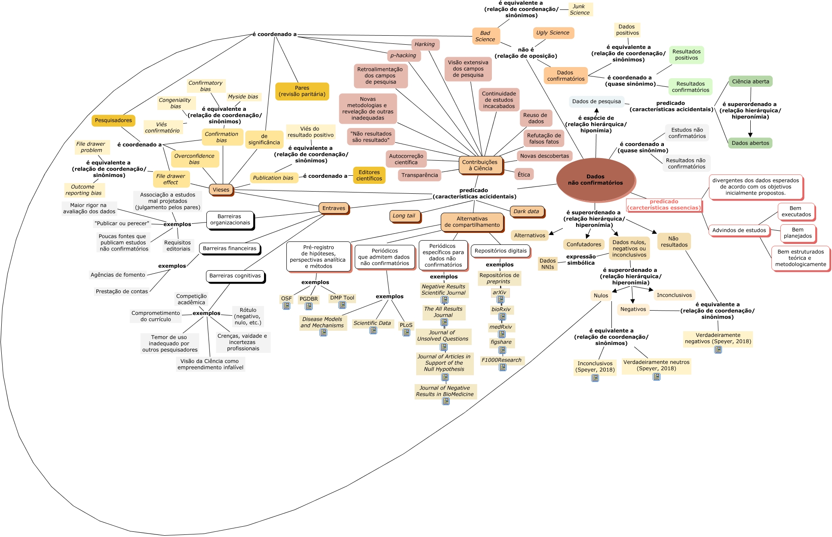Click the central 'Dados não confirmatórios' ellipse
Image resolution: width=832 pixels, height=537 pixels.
pos(595,180)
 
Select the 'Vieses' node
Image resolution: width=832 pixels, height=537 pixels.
pos(221,190)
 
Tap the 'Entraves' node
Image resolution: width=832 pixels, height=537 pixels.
pos(334,208)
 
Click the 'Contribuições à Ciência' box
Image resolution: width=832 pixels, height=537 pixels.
pos(480,165)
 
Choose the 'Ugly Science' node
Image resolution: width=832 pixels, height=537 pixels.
pos(553,33)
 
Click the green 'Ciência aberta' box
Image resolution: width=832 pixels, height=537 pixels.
pos(750,82)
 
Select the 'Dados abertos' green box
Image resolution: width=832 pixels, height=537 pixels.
pos(750,143)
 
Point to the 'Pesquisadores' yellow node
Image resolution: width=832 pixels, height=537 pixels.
pos(114,120)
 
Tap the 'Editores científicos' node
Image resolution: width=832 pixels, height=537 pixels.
pos(369,175)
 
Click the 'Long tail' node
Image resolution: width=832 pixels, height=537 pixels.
pos(404,216)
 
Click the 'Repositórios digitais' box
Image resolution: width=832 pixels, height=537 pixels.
pos(500,251)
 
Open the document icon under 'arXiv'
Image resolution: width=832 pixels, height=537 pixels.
pos(500,299)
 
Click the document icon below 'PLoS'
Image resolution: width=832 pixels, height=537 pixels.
pos(406,332)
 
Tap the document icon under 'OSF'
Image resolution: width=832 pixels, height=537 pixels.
pos(286,306)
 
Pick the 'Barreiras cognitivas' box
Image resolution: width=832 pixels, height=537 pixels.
pos(235,276)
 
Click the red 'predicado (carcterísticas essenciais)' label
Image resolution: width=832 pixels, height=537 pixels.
pos(664,205)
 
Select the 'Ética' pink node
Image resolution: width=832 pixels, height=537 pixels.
pos(524,174)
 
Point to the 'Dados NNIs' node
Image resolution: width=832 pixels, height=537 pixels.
pos(547,264)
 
